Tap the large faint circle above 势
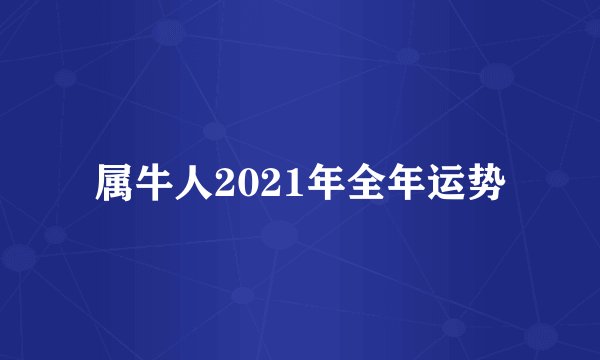496,76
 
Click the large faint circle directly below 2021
280,236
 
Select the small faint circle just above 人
214,130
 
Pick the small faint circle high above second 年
406,56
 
